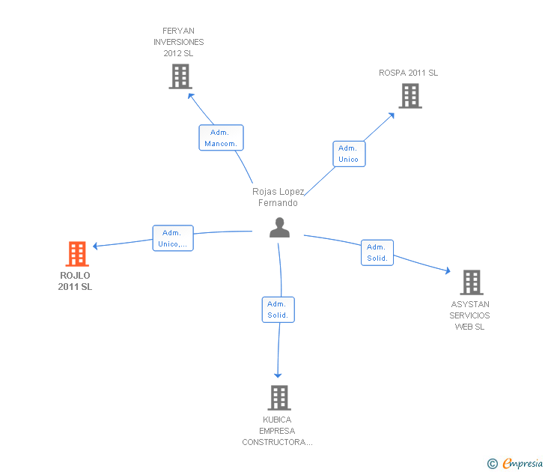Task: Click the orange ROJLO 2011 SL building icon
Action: click(77, 254)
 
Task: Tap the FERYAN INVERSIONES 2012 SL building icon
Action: click(180, 76)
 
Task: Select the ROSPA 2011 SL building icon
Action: click(409, 96)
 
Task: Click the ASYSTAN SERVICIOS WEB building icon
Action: click(471, 282)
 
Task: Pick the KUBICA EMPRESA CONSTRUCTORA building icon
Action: click(278, 398)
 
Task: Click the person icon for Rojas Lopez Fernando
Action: click(279, 228)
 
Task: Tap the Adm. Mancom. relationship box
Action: click(221, 138)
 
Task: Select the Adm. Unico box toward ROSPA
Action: click(349, 154)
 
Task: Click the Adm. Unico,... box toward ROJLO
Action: click(173, 238)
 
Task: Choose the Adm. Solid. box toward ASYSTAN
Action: click(377, 252)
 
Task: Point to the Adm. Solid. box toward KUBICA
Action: click(278, 309)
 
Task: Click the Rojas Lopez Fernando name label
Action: click(278, 197)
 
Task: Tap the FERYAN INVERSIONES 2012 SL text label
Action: click(179, 42)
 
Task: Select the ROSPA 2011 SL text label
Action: click(409, 73)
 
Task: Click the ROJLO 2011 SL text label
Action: click(76, 281)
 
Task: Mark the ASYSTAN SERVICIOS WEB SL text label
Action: click(470, 315)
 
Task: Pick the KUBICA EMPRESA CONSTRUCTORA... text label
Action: click(278, 431)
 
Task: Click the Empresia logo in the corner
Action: click(515, 464)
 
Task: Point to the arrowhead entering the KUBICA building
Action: click(278, 374)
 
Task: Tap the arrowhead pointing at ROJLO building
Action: click(96, 246)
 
